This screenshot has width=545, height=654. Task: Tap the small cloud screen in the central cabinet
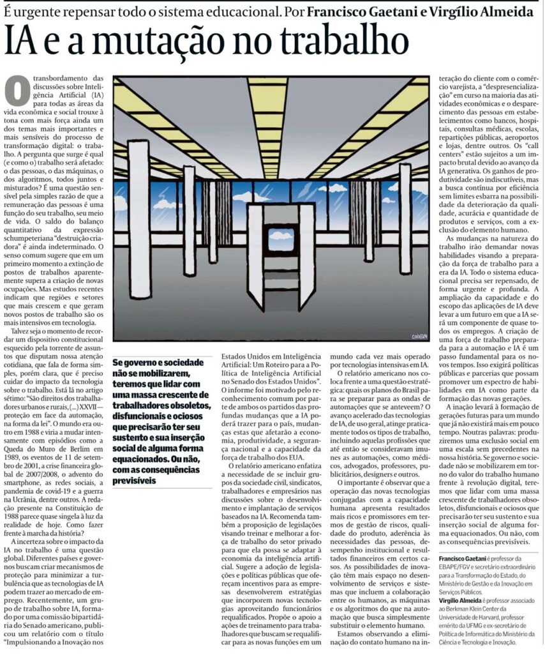[x=281, y=240]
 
